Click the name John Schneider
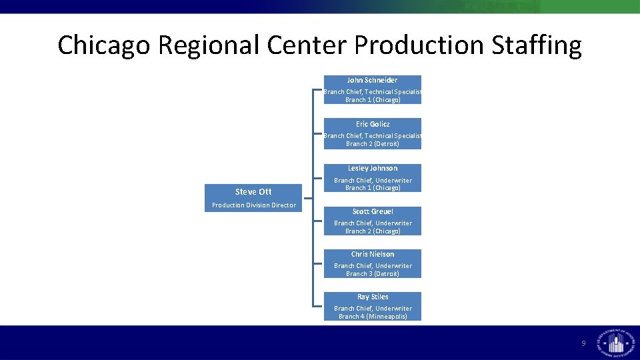tap(372, 80)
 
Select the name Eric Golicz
tap(373, 124)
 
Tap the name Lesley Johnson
tap(373, 168)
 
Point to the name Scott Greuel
tap(373, 211)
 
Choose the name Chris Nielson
tap(373, 254)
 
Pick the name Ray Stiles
tap(373, 297)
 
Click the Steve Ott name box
tap(253, 191)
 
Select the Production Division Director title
tap(253, 205)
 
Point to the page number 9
tap(583, 343)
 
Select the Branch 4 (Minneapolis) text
tap(373, 317)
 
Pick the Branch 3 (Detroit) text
tap(373, 274)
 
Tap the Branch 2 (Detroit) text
tap(373, 144)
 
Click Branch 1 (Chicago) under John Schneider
tap(373, 100)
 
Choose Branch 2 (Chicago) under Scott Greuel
tap(373, 231)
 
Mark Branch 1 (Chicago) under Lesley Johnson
tap(373, 188)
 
